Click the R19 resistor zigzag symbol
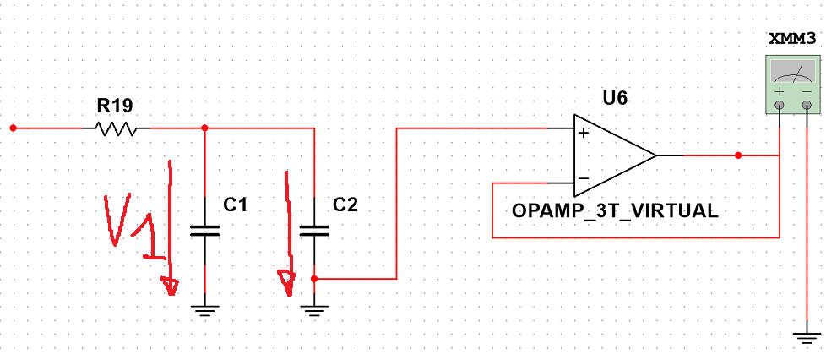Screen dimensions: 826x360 pos(116,128)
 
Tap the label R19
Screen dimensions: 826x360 pos(115,106)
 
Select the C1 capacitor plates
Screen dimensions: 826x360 pos(205,230)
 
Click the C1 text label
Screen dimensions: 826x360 pos(235,205)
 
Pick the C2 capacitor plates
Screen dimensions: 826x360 pos(314,230)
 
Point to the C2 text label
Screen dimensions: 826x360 pos(345,205)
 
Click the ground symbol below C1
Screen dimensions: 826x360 pos(205,310)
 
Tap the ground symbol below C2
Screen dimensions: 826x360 pos(314,310)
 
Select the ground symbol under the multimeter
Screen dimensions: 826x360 pos(807,338)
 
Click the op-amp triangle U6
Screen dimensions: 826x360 pos(614,155)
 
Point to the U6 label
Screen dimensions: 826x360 pos(615,98)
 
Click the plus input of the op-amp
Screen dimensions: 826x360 pos(583,133)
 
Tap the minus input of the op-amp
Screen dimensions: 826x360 pos(583,178)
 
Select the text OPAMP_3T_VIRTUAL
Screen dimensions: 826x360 pos(615,211)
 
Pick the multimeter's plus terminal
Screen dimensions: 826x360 pos(780,106)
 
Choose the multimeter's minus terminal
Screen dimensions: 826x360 pos(807,106)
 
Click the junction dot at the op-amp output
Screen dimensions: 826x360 pos(738,155)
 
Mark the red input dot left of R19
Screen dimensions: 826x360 pos(14,128)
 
